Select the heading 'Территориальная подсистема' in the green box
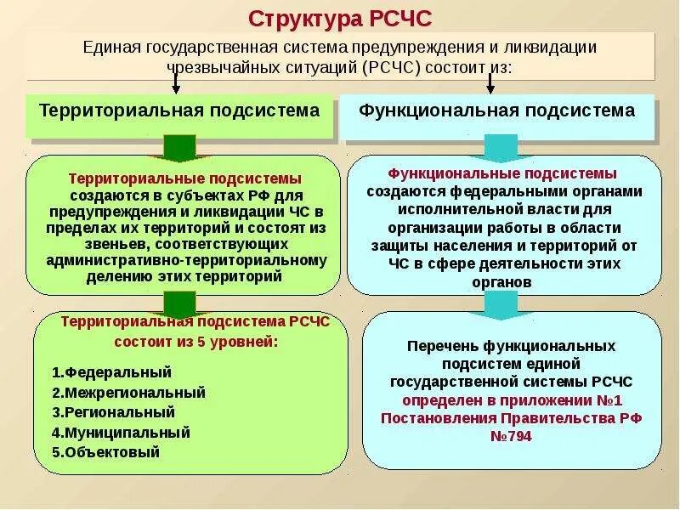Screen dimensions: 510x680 point(180,110)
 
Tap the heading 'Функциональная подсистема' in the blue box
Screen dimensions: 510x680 point(496,110)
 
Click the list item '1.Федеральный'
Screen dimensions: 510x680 point(111,372)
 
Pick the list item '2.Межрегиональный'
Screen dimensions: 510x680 point(128,393)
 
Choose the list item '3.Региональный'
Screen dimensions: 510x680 point(113,412)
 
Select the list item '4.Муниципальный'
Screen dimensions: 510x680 point(121,433)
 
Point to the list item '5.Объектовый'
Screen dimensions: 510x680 point(105,452)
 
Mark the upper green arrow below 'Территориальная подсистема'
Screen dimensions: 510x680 point(178,147)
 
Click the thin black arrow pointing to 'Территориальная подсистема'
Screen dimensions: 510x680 point(176,82)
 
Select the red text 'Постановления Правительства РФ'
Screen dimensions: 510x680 point(511,417)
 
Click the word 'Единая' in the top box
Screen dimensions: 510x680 point(106,47)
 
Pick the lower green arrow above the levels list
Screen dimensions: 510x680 point(178,303)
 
